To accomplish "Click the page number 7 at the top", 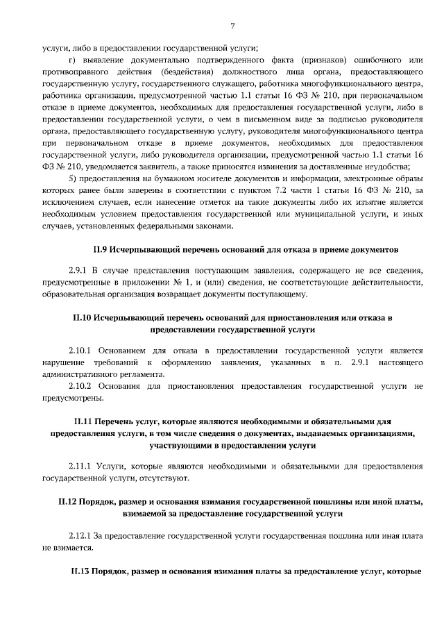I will tap(232, 26).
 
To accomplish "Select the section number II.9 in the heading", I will tap(101, 248).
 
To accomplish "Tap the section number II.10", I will tap(83, 317).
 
